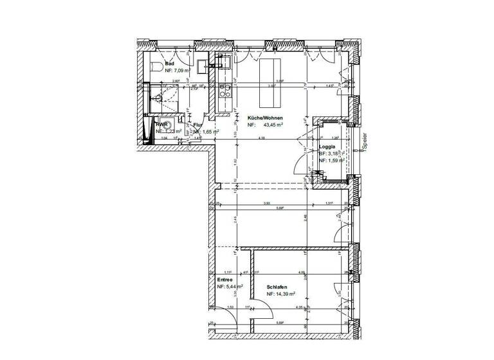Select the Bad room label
click(x=170, y=64)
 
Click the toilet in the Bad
click(x=152, y=67)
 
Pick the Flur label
click(x=198, y=125)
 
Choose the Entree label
click(x=224, y=281)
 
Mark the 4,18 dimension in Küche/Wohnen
click(x=262, y=138)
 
